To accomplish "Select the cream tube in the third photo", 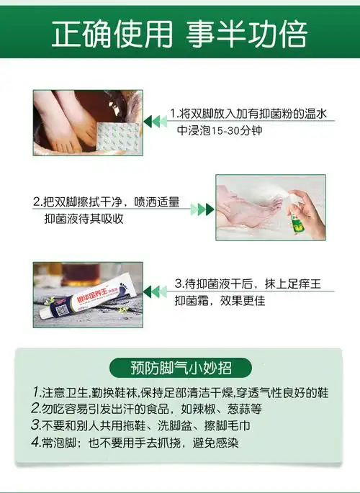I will pos(86,297).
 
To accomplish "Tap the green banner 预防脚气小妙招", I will pos(180,368).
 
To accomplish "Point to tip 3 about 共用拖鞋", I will pos(144,426).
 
